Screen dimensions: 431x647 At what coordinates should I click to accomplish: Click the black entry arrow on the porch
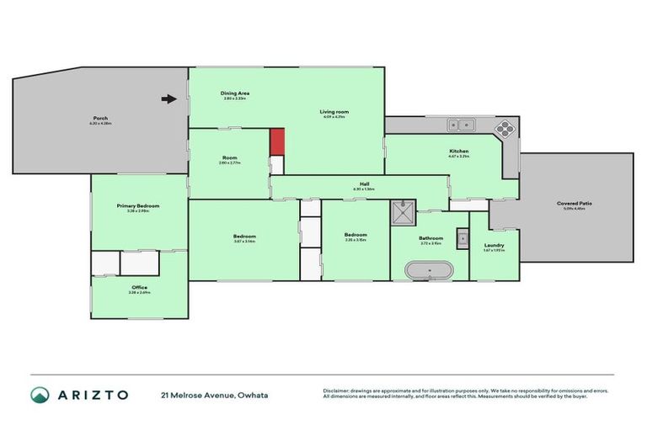(x=168, y=98)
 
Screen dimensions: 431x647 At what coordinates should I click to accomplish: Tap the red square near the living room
(x=277, y=141)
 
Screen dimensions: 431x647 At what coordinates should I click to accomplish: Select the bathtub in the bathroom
(x=429, y=271)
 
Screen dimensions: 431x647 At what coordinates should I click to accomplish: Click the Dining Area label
(x=235, y=93)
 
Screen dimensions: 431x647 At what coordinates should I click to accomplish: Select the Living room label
(x=334, y=111)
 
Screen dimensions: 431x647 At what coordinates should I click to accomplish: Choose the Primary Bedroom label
(x=137, y=205)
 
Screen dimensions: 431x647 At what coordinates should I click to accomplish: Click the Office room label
(x=139, y=287)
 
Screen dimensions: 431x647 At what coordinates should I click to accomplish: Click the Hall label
(x=365, y=184)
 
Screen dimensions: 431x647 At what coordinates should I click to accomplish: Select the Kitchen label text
(x=458, y=151)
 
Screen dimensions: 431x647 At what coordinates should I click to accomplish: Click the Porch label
(x=100, y=118)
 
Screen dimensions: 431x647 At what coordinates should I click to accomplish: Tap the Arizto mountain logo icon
(x=40, y=394)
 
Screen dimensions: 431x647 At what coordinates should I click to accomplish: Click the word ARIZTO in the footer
(x=92, y=394)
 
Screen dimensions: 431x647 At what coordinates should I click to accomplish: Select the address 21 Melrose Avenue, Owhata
(x=215, y=394)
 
